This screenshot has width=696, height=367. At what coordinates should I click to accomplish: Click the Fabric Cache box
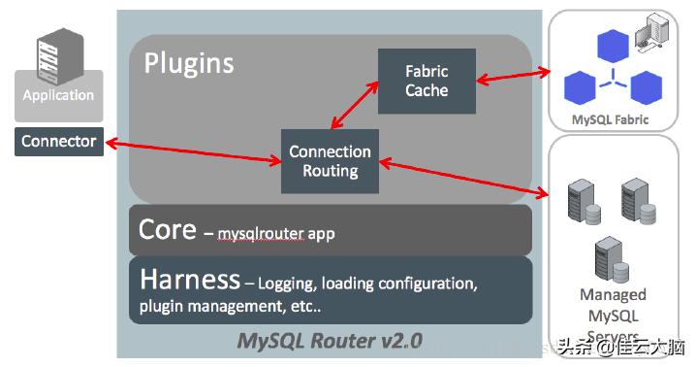pos(427,81)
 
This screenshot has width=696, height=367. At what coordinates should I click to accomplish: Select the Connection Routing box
pos(331,161)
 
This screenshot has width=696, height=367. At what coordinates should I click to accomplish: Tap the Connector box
pos(58,142)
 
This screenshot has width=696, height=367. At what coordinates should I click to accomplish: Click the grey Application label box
pos(58,96)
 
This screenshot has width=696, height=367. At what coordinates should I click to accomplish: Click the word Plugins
pos(189,63)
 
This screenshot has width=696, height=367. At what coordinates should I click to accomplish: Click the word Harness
pos(190,280)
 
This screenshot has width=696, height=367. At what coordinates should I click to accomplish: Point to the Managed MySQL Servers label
pos(613,311)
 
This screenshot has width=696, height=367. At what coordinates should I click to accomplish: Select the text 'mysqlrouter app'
pos(276,233)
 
